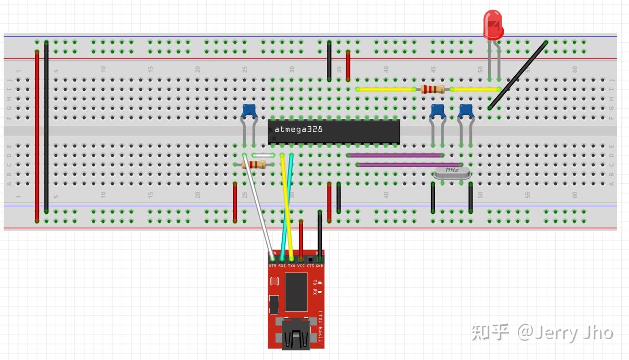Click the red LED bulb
(x=493, y=25)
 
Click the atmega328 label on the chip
(x=298, y=129)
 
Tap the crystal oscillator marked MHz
(x=452, y=172)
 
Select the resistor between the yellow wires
(x=433, y=89)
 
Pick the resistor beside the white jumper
(x=254, y=165)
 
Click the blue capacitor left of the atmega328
(x=250, y=111)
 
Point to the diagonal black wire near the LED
(x=518, y=75)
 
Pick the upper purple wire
(x=395, y=155)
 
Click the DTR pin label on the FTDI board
(x=272, y=265)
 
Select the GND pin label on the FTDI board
(x=319, y=265)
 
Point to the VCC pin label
(x=300, y=265)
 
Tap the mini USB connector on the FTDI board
(x=296, y=335)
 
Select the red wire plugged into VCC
(x=301, y=239)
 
